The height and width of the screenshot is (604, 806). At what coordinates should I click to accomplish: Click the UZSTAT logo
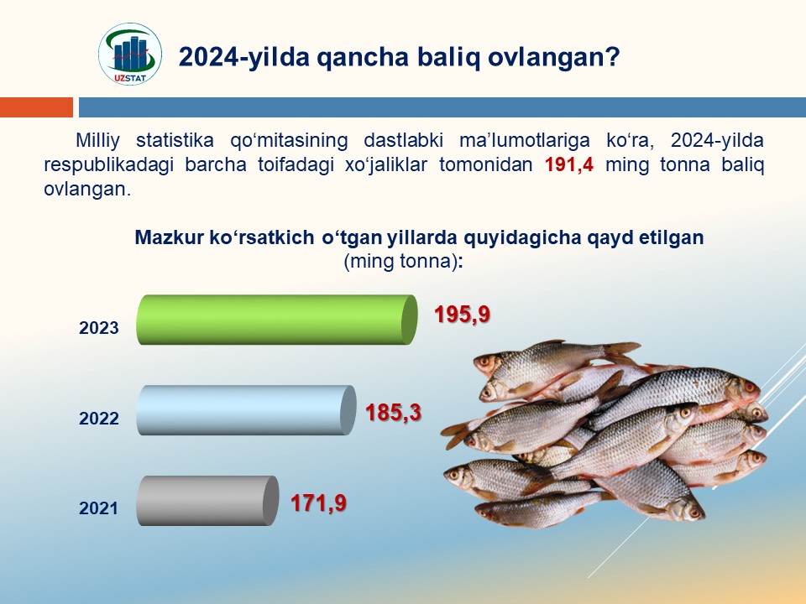click(130, 54)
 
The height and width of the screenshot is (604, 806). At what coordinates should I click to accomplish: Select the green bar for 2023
click(277, 320)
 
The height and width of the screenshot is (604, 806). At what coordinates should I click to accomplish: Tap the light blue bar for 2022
click(246, 410)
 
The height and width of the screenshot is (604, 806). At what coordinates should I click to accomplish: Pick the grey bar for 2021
click(207, 500)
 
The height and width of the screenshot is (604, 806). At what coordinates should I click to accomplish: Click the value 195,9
click(462, 315)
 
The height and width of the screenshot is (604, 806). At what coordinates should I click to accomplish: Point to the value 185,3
click(393, 413)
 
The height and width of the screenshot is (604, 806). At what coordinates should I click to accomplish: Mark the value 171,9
click(319, 502)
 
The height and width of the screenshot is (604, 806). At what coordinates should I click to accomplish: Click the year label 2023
click(99, 328)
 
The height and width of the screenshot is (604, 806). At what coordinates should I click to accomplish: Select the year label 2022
click(99, 418)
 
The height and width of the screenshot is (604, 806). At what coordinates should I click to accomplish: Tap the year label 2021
click(99, 508)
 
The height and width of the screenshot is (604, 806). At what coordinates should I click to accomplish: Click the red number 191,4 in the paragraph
click(569, 165)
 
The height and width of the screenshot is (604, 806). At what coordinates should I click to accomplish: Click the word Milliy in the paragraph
click(97, 141)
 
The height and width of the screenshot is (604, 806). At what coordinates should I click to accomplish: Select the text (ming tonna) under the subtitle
click(401, 261)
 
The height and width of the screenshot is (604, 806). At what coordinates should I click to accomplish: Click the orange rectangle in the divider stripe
click(36, 107)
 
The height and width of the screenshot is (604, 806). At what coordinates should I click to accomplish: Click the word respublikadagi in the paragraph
click(108, 165)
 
